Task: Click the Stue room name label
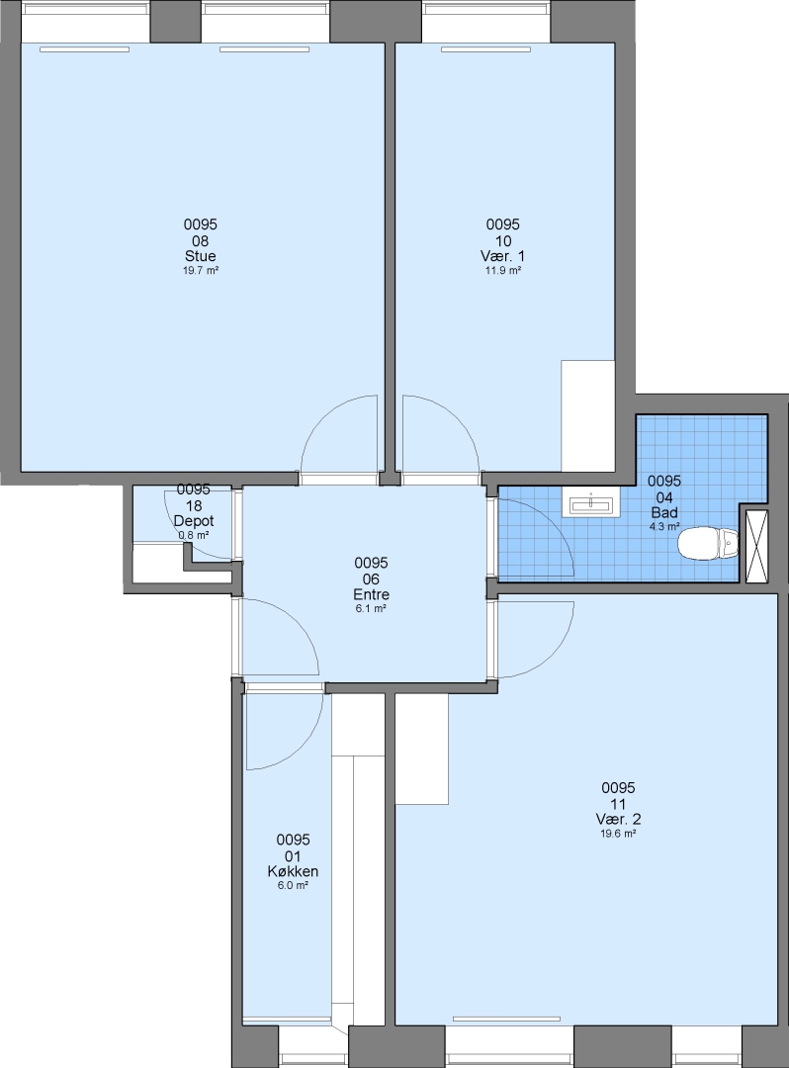click(200, 256)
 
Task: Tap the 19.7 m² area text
click(200, 270)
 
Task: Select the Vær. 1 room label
click(503, 256)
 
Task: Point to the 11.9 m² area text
click(503, 270)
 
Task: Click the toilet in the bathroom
click(708, 543)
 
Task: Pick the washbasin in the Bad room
click(591, 504)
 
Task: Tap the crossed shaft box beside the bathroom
click(757, 546)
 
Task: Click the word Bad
click(664, 513)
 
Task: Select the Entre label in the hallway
click(371, 594)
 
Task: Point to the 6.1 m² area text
click(371, 609)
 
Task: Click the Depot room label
click(194, 521)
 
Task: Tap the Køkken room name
click(293, 871)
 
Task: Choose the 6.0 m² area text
click(293, 885)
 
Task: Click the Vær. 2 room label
click(618, 820)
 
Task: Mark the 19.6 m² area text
click(618, 834)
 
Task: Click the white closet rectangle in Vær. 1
click(588, 415)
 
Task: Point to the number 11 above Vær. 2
click(618, 804)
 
